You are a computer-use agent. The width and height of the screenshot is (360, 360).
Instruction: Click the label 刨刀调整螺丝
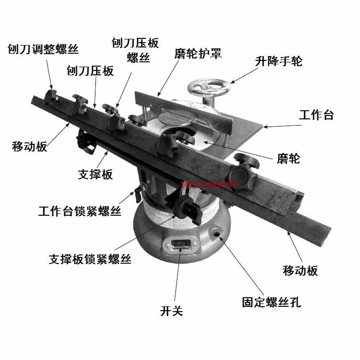pyautogui.click(x=43, y=49)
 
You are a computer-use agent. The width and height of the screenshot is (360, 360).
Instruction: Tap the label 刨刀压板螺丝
pyautogui.click(x=135, y=50)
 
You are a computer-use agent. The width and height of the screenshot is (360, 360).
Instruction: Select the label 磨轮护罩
pyautogui.click(x=197, y=53)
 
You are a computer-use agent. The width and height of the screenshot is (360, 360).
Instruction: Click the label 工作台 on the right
pyautogui.click(x=316, y=115)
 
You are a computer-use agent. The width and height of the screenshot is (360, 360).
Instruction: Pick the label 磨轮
pyautogui.click(x=288, y=158)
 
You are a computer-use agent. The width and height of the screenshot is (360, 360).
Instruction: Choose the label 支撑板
pyautogui.click(x=95, y=174)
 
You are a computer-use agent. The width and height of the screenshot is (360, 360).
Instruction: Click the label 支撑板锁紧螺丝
pyautogui.click(x=90, y=259)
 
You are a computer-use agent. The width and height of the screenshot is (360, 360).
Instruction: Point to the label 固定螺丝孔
pyautogui.click(x=271, y=302)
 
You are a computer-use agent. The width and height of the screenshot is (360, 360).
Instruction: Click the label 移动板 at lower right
pyautogui.click(x=300, y=270)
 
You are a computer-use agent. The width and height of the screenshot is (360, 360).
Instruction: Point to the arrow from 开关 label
pyautogui.click(x=176, y=278)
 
